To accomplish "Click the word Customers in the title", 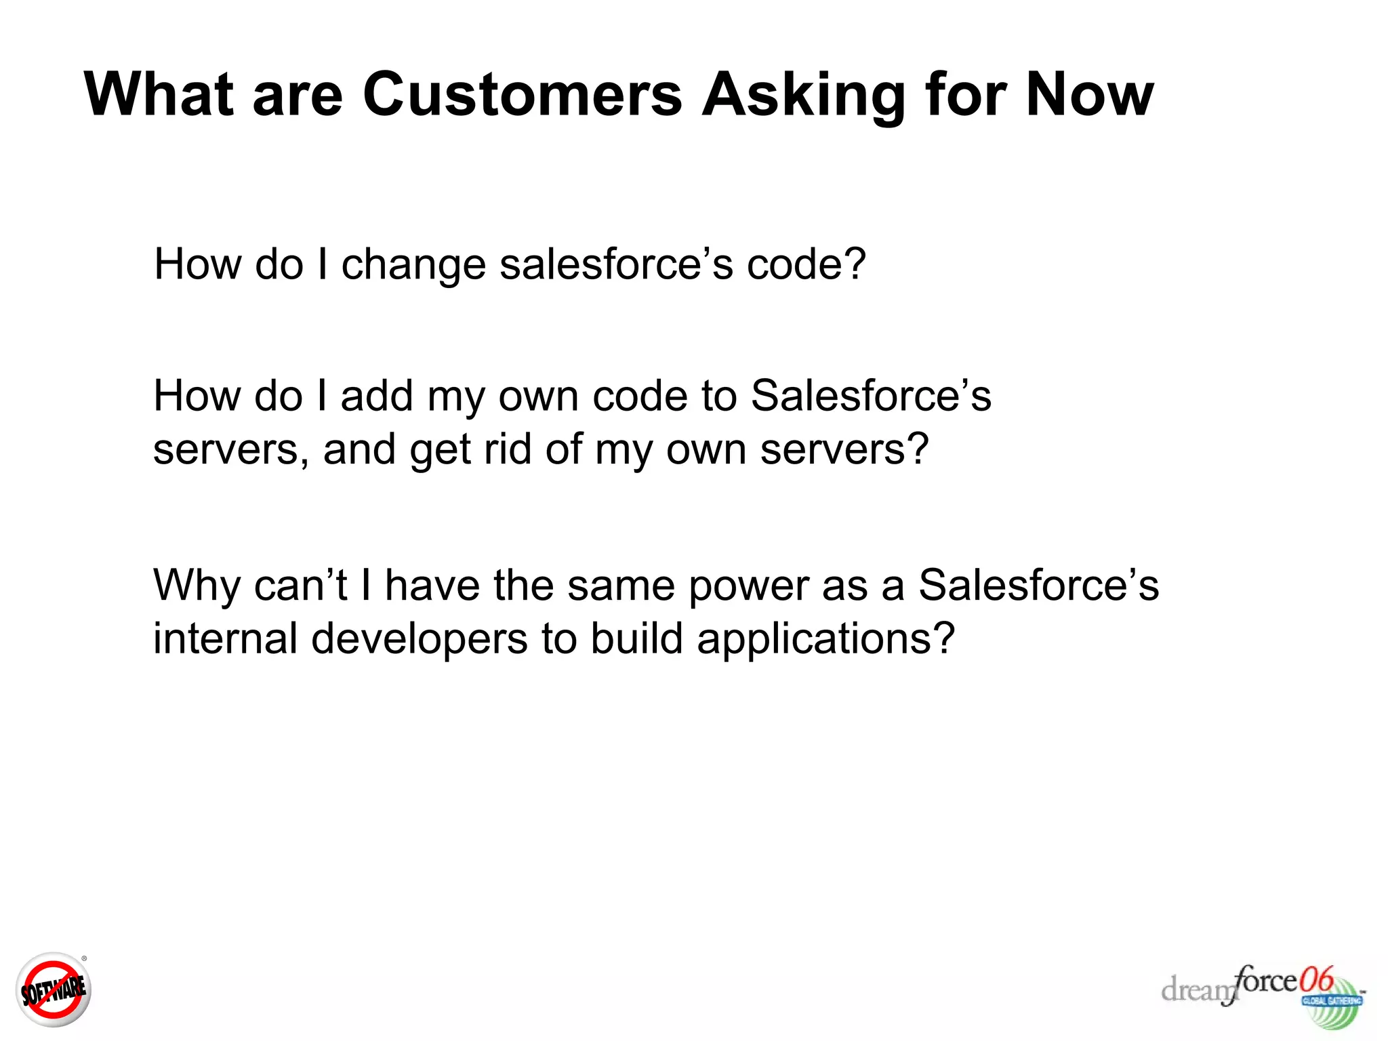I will pos(522,95).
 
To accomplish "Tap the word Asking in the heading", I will pos(802,95).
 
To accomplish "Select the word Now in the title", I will pos(1089,95).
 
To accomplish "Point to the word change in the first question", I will pos(413,264).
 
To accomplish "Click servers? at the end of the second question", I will pos(844,450).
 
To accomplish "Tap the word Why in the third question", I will pos(197,586).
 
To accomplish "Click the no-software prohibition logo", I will pos(54,989).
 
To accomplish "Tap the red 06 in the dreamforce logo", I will pos(1316,979).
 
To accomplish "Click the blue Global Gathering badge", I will pos(1332,1001).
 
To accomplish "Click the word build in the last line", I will pos(636,638).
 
